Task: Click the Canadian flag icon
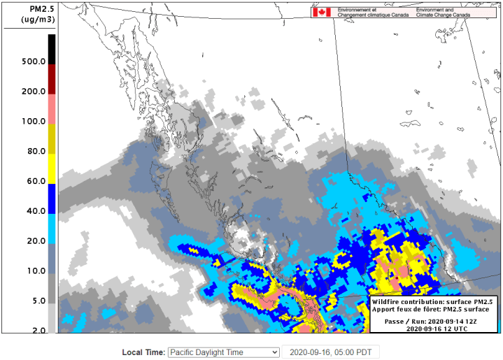click(321, 12)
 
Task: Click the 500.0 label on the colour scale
click(33, 62)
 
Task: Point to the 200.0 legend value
click(33, 92)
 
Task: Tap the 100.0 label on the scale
click(33, 122)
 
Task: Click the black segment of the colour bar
click(52, 49)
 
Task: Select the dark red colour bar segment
click(52, 79)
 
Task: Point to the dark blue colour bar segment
click(52, 199)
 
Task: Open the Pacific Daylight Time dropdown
click(223, 352)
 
